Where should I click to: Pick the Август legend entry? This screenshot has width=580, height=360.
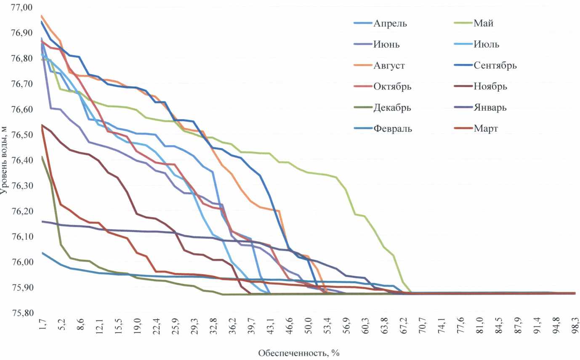pyautogui.click(x=389, y=66)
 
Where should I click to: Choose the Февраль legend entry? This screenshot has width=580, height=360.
pyautogui.click(x=393, y=129)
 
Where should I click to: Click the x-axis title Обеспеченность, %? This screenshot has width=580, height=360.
pyautogui.click(x=299, y=353)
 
